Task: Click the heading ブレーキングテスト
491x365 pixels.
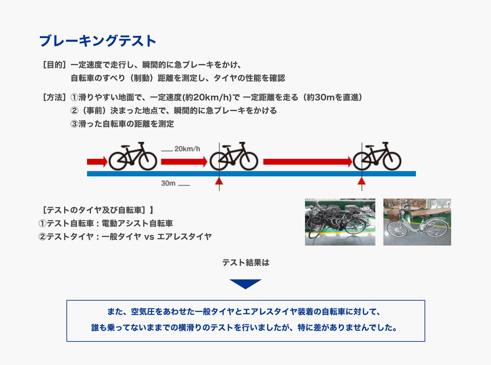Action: (x=98, y=41)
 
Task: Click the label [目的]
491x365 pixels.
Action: (x=54, y=65)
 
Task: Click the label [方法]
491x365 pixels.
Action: (x=54, y=97)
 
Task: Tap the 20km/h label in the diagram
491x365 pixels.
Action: (x=187, y=149)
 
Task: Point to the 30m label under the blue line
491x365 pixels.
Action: (x=168, y=183)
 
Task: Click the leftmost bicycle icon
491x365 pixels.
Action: (x=133, y=156)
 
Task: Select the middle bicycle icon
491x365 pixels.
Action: (x=234, y=156)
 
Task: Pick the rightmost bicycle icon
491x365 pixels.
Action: (x=377, y=156)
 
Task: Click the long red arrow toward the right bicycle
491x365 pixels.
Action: (x=307, y=162)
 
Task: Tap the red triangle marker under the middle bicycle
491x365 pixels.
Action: (x=219, y=181)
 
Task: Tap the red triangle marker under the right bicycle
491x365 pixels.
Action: (x=362, y=181)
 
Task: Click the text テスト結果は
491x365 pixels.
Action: (x=245, y=263)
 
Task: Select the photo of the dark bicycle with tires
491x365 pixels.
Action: (x=340, y=222)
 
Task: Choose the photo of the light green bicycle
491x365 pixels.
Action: (x=417, y=222)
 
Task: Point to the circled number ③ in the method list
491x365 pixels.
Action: (x=74, y=124)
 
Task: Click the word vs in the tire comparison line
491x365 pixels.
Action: (x=149, y=237)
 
